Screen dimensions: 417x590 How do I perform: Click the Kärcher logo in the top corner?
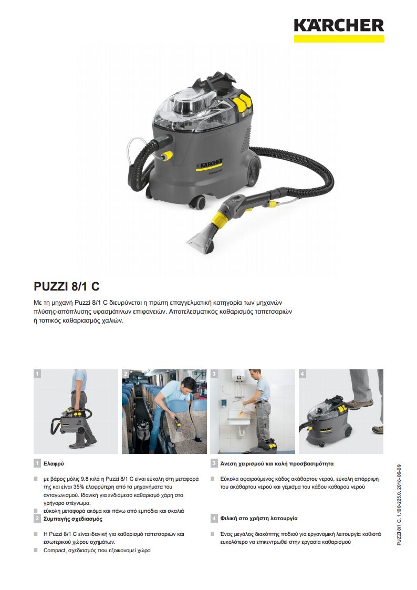pos(339,30)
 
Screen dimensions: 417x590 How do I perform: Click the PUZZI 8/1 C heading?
pos(67,286)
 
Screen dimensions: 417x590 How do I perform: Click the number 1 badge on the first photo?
pos(37,374)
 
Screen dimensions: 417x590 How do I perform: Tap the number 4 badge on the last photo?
pos(303,374)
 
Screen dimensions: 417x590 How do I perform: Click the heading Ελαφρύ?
pos(54,463)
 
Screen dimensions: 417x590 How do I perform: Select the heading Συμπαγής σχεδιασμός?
pos(73,519)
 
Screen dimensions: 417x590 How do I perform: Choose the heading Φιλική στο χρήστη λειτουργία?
pos(259,518)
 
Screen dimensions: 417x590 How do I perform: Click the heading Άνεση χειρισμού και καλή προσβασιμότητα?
pos(277,463)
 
